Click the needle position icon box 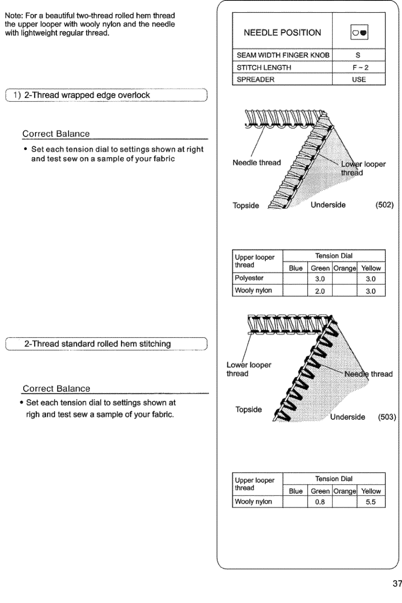click(x=359, y=33)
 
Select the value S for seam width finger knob click(x=359, y=56)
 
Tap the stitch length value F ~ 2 click(x=359, y=67)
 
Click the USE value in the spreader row click(x=359, y=79)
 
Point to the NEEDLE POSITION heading click(x=283, y=33)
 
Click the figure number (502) click(x=385, y=205)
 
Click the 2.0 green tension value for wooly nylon click(x=320, y=291)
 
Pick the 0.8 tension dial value click(x=320, y=502)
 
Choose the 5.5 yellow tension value click(x=371, y=502)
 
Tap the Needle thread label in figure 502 click(x=257, y=163)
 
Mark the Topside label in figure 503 click(x=248, y=409)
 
